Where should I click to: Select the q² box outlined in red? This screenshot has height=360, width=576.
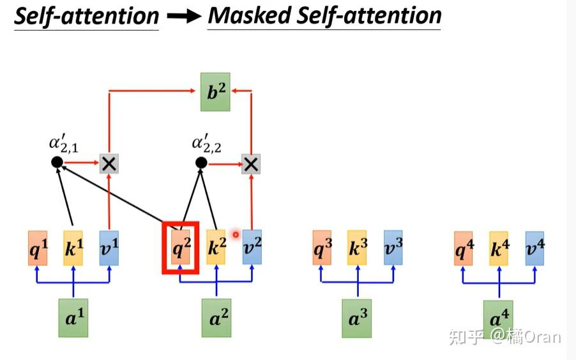(181, 247)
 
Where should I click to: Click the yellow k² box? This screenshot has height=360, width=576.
(217, 248)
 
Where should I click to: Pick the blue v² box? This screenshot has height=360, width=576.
(252, 248)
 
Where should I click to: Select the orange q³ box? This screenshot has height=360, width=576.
(322, 248)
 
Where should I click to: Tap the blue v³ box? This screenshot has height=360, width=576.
(392, 248)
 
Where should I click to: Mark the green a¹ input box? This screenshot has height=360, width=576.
(73, 317)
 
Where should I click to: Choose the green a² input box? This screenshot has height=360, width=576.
(216, 317)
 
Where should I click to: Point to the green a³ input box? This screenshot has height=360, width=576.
(357, 317)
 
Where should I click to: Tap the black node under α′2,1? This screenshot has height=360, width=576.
(56, 163)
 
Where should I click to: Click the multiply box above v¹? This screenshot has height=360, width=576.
(109, 163)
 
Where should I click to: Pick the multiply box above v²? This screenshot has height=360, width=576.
(252, 164)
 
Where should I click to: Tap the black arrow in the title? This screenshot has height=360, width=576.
(183, 17)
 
